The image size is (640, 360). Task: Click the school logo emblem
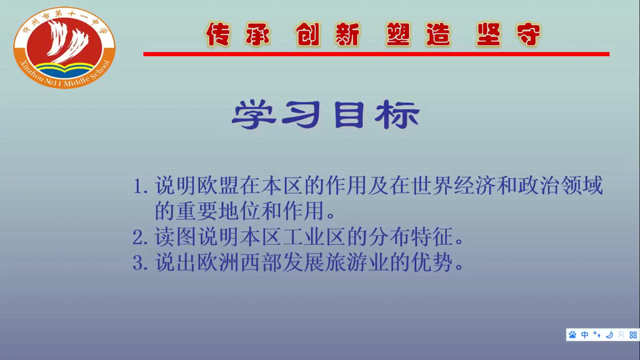[x=64, y=47]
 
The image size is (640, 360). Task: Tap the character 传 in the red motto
[x=218, y=34]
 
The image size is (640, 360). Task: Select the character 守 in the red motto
[x=528, y=34]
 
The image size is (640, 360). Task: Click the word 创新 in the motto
[x=328, y=34]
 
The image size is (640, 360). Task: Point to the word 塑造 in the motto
[x=418, y=34]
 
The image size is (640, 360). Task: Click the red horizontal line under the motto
[x=376, y=54]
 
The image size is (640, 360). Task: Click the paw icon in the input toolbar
[x=573, y=335]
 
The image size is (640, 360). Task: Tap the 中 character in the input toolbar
[x=585, y=335]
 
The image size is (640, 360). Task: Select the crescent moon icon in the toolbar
[x=609, y=335]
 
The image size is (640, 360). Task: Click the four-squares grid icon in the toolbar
[x=633, y=335]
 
